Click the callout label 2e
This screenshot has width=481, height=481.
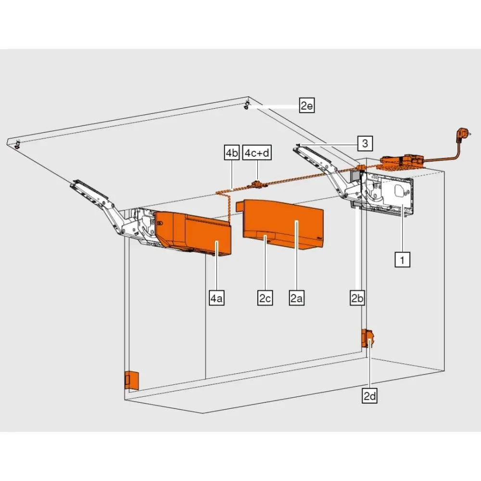click(306, 105)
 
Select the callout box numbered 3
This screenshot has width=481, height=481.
click(365, 143)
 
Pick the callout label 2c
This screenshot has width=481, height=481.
click(265, 298)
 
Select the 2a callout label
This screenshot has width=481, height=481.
click(296, 298)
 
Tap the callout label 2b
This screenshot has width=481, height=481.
click(357, 298)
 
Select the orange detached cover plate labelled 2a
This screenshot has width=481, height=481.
click(284, 224)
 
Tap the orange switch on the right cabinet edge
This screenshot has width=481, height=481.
click(368, 339)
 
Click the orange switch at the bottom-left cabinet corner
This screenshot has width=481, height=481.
click(132, 380)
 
